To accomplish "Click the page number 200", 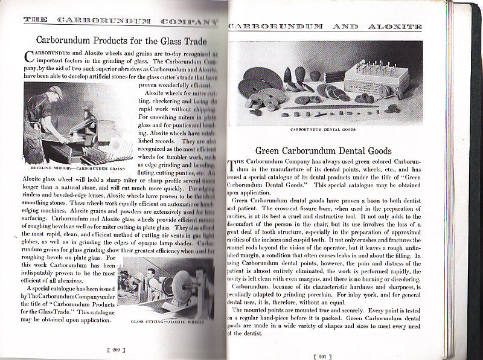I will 115,349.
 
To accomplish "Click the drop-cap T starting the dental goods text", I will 232,164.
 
